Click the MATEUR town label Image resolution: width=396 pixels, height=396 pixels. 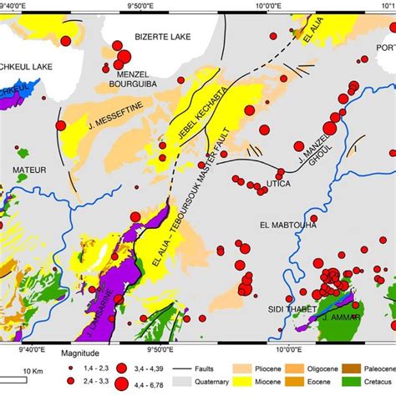(29, 170)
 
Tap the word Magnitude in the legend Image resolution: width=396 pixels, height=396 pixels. (85, 353)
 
